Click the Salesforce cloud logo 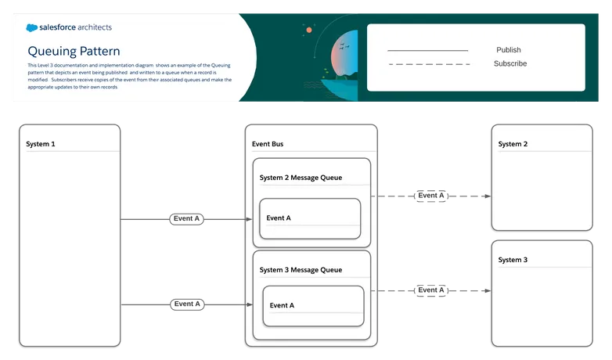(x=32, y=27)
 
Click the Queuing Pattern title (x=74, y=50)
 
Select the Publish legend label (x=508, y=50)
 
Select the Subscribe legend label (x=510, y=63)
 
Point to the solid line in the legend (x=427, y=50)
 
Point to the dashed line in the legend (x=429, y=64)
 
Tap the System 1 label (x=41, y=144)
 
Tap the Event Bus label (x=268, y=144)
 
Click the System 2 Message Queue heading (x=301, y=178)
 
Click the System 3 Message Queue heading (x=301, y=270)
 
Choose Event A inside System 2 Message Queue (x=279, y=218)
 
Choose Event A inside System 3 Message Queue (x=282, y=305)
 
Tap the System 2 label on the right (x=513, y=144)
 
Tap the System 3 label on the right (x=513, y=260)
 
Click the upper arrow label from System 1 (x=186, y=219)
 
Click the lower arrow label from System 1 (x=186, y=303)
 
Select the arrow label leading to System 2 (x=431, y=196)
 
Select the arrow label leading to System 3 (x=431, y=290)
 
